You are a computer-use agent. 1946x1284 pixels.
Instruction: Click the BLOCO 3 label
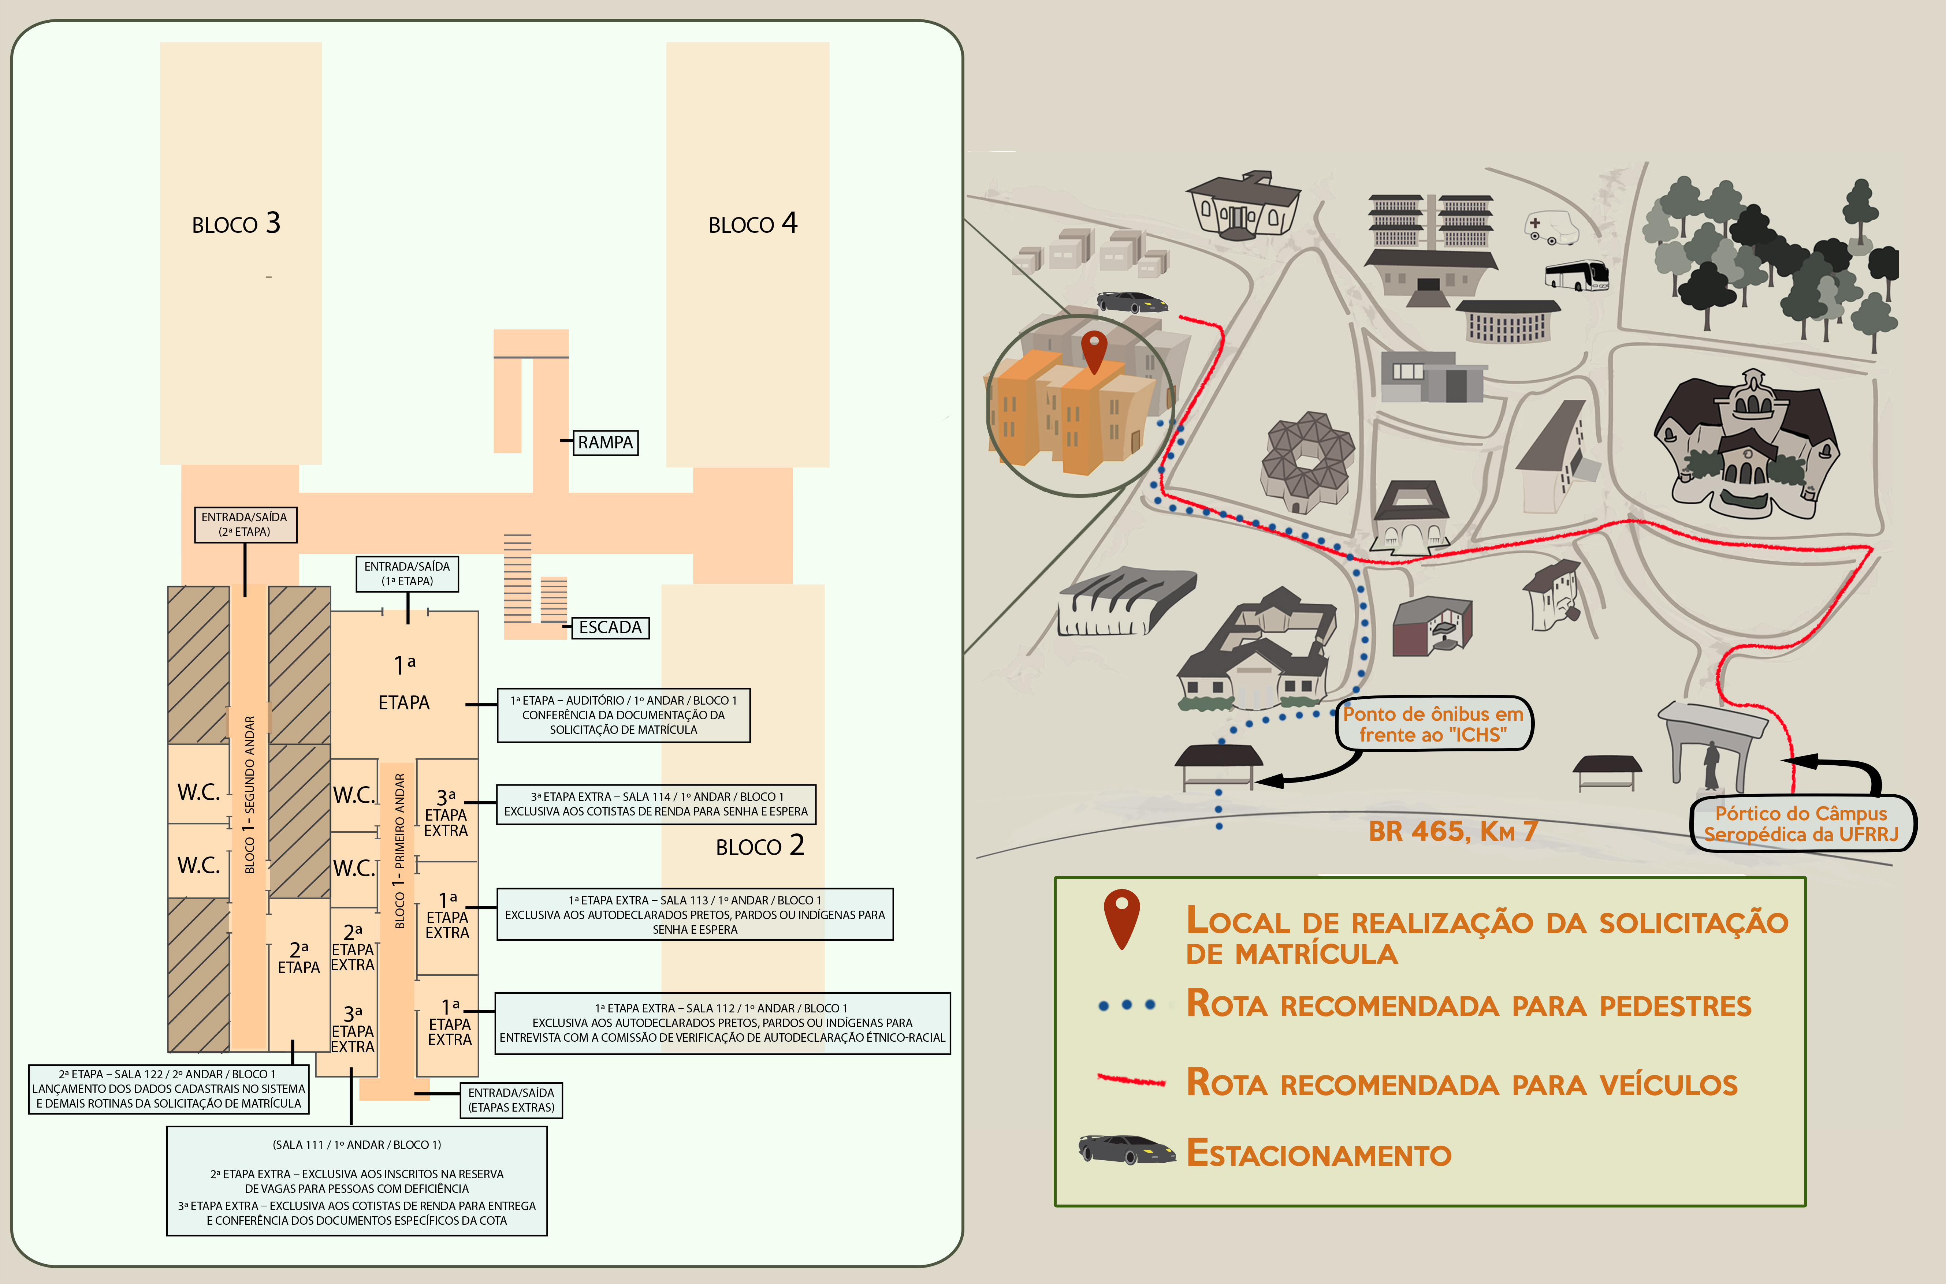click(236, 224)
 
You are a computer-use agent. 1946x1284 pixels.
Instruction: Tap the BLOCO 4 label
click(753, 224)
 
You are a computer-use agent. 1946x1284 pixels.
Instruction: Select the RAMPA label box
click(605, 442)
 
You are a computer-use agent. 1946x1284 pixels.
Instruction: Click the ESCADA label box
click(610, 627)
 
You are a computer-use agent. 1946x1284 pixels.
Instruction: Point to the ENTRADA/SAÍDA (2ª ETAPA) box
click(245, 524)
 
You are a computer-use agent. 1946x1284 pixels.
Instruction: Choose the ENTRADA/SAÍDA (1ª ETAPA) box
click(407, 573)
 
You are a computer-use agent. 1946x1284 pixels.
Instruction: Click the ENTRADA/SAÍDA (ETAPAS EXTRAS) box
click(511, 1100)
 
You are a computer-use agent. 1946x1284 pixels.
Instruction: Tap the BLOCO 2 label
click(760, 846)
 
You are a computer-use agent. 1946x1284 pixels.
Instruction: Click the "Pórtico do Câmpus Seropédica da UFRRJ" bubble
click(1803, 824)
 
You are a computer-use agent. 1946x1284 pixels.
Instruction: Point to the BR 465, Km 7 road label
click(1453, 831)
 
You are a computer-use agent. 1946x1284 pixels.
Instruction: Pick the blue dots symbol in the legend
click(1127, 1005)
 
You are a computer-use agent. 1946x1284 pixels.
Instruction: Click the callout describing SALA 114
click(656, 804)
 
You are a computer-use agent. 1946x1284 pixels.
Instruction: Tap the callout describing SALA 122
click(169, 1089)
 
